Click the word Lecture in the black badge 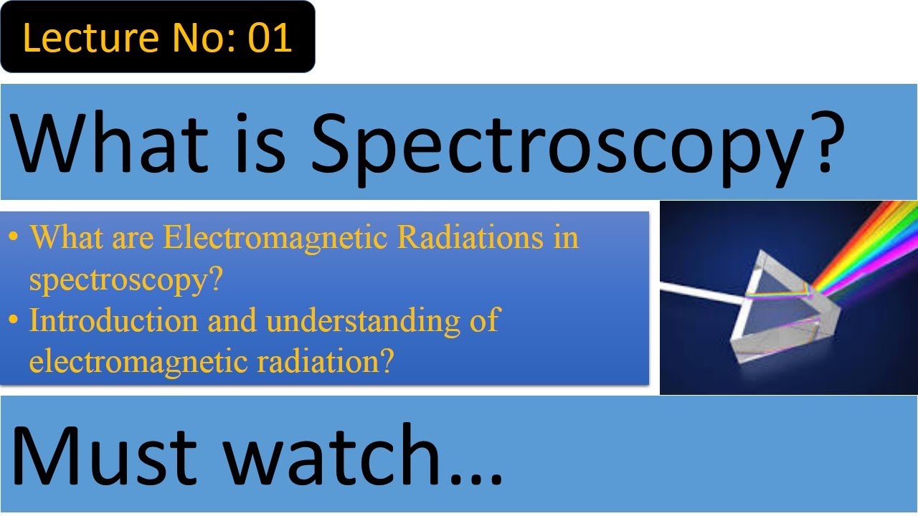[x=78, y=38]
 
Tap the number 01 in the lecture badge [x=269, y=38]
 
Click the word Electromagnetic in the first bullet [x=276, y=238]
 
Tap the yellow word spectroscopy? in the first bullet [x=123, y=280]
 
